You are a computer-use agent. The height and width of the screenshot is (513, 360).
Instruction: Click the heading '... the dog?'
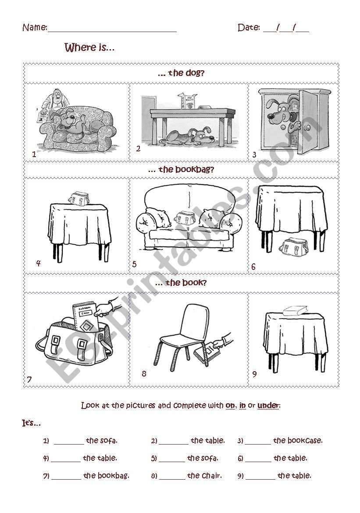[x=181, y=73]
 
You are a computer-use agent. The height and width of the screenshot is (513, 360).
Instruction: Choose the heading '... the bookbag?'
[x=181, y=169]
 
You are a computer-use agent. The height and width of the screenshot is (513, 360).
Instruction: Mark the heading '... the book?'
[x=181, y=283]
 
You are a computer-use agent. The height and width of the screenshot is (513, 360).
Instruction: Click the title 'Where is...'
[x=89, y=47]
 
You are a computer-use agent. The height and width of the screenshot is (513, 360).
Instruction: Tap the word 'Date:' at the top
[x=249, y=28]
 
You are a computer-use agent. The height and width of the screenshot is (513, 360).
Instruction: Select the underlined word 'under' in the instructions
[x=268, y=405]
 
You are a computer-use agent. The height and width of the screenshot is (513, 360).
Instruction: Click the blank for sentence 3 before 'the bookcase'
[x=258, y=441]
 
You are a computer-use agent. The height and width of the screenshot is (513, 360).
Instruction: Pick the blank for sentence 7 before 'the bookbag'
[x=66, y=476]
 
